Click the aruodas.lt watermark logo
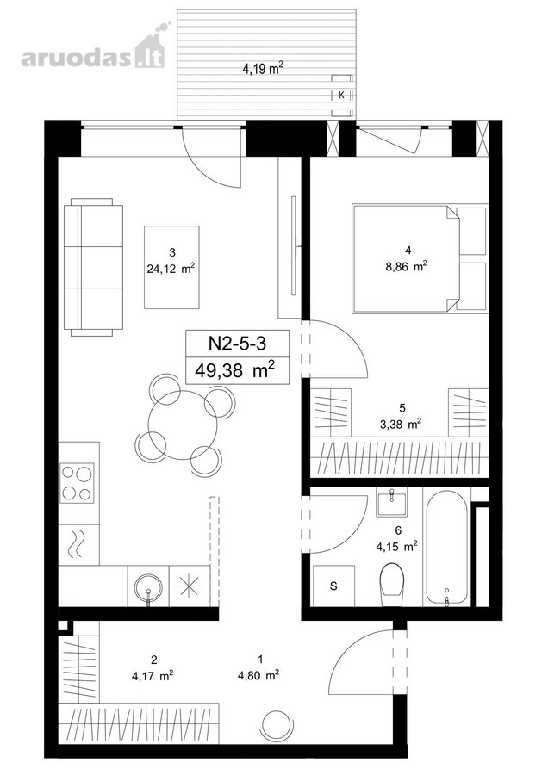[93, 50]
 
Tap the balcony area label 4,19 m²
[262, 68]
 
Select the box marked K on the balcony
[342, 96]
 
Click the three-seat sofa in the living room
[93, 267]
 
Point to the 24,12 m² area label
[171, 269]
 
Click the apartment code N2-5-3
[238, 343]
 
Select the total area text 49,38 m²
[235, 369]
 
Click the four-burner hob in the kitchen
[78, 483]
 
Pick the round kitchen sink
[148, 586]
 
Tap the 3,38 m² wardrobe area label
[402, 423]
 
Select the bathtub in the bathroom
[447, 547]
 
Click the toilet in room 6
[393, 584]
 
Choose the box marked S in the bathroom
[333, 586]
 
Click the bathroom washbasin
[391, 502]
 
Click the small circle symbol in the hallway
[275, 724]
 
